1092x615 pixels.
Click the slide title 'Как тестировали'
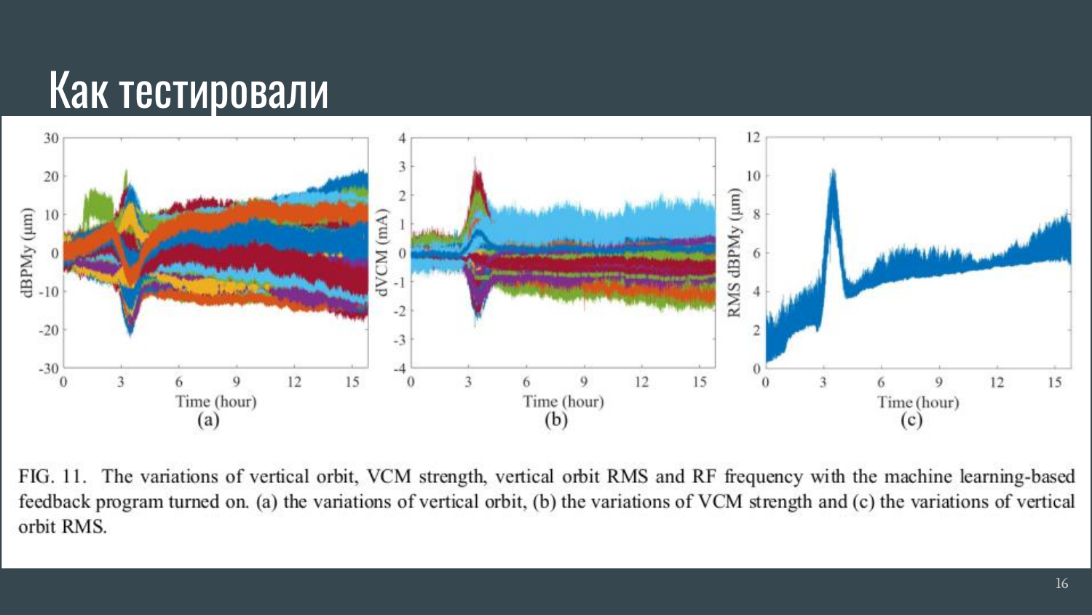(189, 90)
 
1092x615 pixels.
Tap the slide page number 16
(1061, 583)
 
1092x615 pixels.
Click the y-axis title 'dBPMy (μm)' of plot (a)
(28, 253)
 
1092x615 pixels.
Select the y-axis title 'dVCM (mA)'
(380, 252)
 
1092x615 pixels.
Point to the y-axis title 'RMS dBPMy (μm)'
(734, 253)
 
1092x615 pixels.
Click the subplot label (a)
(208, 420)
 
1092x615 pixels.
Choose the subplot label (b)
(555, 420)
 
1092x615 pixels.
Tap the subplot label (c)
(911, 420)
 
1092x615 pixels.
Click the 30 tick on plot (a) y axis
(51, 138)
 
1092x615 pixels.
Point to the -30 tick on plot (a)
(49, 369)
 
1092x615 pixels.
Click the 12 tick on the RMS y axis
(753, 137)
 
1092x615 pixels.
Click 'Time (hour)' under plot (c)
(918, 402)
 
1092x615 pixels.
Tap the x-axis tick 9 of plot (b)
(584, 382)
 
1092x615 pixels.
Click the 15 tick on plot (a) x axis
(352, 382)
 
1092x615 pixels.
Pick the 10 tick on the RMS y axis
(753, 176)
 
